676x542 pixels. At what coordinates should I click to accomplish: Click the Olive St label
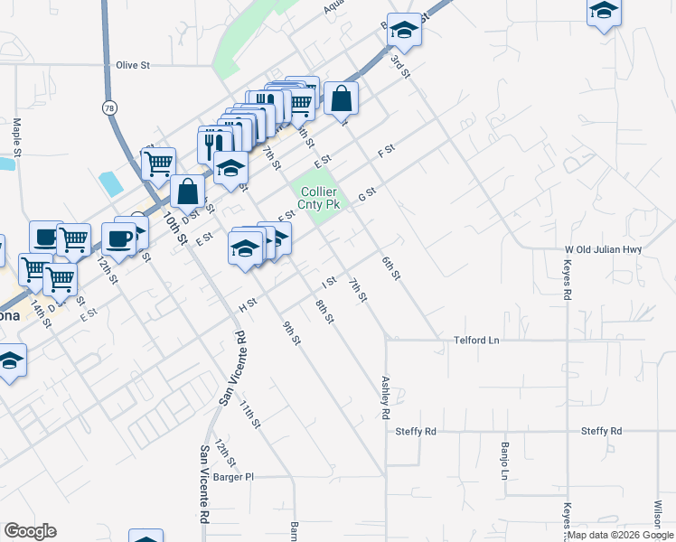pos(132,65)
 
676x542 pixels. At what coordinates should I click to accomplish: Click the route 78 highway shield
pos(109,107)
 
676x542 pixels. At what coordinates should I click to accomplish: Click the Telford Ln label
pos(476,341)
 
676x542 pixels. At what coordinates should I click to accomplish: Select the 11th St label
pos(250,415)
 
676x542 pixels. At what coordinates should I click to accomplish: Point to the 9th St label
pos(290,333)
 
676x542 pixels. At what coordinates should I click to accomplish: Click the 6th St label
pos(390,268)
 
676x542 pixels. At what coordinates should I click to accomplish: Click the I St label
pos(329,282)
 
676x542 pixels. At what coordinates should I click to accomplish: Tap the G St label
pos(366,193)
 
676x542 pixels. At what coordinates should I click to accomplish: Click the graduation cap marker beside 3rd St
pos(405,33)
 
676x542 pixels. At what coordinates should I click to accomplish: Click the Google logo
pos(30,531)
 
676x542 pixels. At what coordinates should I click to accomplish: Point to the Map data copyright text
pos(621,535)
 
